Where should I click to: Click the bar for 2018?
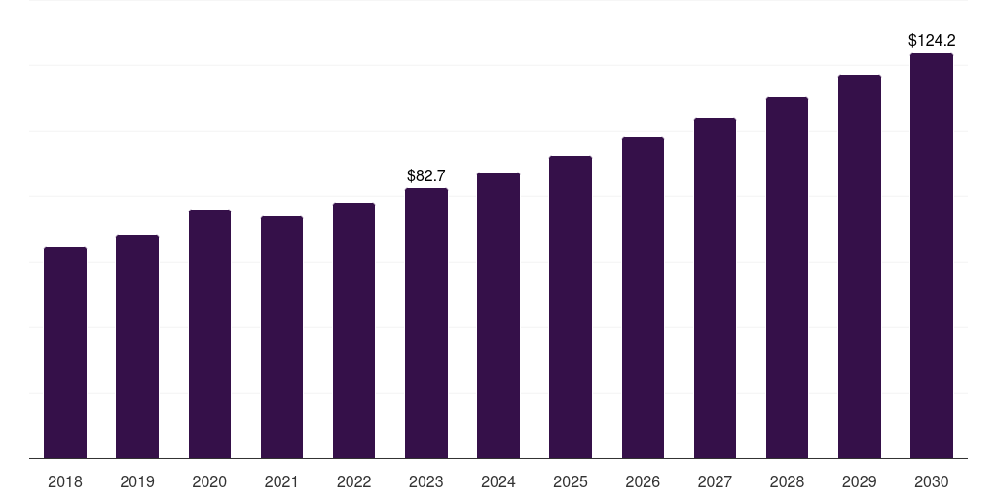click(65, 352)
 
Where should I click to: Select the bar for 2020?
click(209, 333)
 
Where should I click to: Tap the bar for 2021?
click(281, 337)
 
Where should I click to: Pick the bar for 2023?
click(426, 323)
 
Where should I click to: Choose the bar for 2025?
click(571, 307)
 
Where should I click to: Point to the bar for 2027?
click(715, 288)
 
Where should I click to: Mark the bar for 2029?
click(860, 266)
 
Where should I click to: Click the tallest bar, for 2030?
click(932, 255)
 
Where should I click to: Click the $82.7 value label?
click(426, 176)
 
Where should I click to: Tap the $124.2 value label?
click(932, 41)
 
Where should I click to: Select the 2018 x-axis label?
click(65, 481)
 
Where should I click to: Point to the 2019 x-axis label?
click(137, 481)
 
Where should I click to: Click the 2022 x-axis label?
click(353, 481)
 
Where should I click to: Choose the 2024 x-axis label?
click(498, 481)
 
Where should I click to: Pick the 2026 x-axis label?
click(643, 481)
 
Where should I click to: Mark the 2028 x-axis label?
click(787, 481)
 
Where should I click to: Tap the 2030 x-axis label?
click(932, 481)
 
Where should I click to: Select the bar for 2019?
click(137, 346)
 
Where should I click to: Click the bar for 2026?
click(643, 297)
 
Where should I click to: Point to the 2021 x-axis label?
click(281, 481)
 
